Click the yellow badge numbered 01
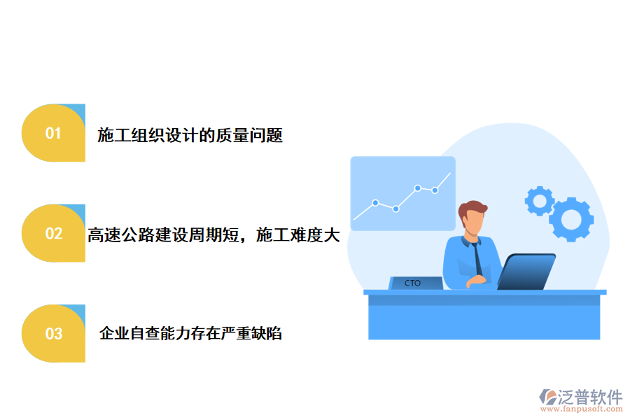54,133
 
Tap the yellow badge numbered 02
54,233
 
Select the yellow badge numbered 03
54,333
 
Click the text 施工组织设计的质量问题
190,136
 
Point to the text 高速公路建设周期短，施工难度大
213,236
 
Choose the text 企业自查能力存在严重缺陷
190,334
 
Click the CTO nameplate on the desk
414,283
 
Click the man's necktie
477,259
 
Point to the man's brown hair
472,209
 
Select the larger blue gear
571,219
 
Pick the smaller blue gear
539,201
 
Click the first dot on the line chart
375,203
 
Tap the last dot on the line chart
435,190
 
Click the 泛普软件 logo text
589,397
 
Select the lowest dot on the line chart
395,209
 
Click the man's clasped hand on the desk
479,280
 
